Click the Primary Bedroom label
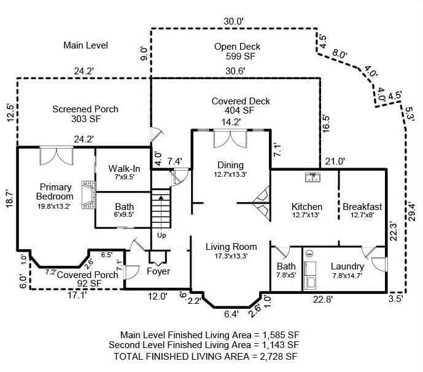(56, 192)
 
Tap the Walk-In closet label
(125, 169)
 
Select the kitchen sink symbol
(314, 178)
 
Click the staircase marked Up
(160, 212)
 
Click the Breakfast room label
(362, 207)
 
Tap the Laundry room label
(347, 266)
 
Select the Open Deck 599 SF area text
(237, 52)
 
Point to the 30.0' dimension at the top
(233, 21)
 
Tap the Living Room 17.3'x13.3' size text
(231, 257)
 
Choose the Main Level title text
(85, 45)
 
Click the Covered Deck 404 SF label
(232, 106)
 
